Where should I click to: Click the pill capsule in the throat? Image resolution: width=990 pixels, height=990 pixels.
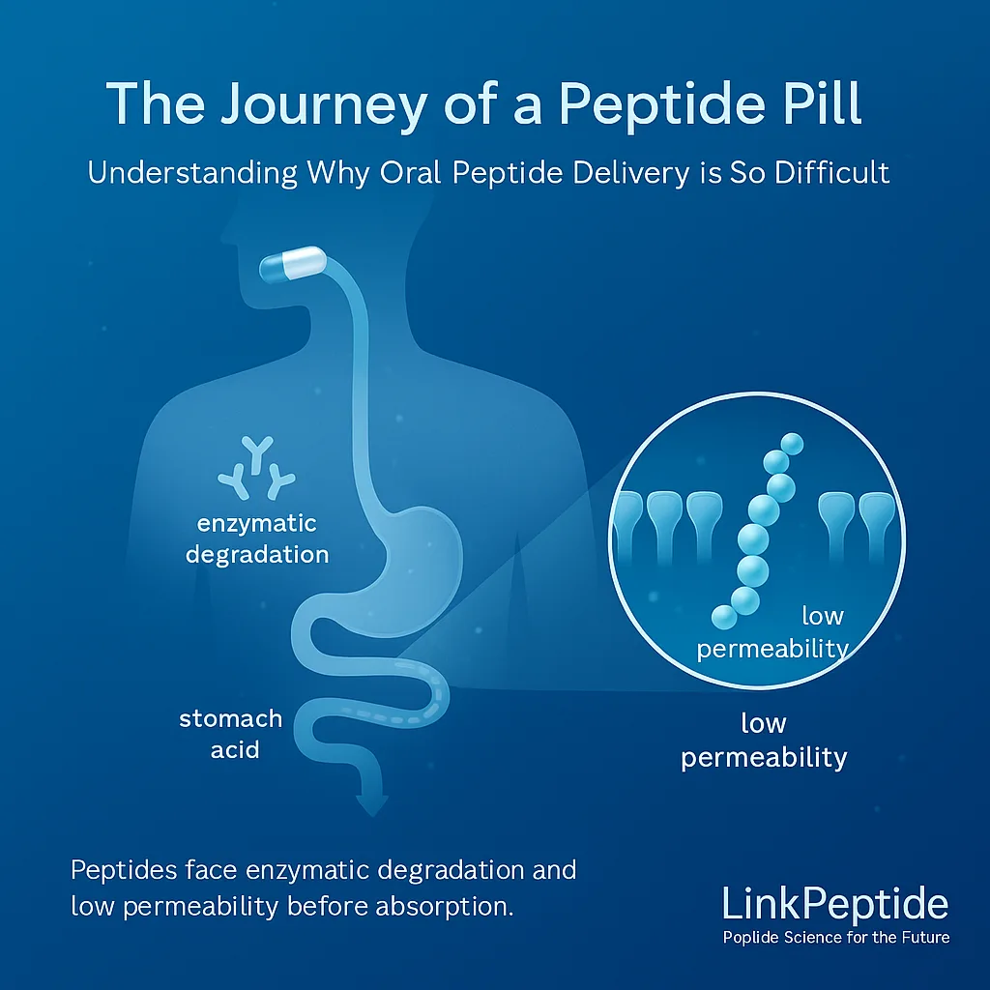(292, 263)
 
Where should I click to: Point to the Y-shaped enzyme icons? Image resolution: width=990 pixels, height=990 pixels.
(256, 467)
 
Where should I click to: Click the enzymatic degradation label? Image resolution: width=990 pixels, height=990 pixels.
(257, 539)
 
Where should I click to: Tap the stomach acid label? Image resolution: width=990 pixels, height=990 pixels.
(231, 734)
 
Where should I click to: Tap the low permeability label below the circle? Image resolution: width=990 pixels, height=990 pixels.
(764, 740)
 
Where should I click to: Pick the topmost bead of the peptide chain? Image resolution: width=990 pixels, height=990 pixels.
(792, 444)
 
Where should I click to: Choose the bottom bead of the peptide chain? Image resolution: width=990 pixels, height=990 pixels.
(724, 617)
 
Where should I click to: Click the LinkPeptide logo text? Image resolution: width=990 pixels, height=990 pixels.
(834, 904)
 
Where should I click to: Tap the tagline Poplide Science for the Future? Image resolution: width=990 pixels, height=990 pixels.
(836, 937)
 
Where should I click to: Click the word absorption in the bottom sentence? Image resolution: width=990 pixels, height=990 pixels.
(444, 907)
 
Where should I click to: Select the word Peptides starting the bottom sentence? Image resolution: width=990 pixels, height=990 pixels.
(124, 870)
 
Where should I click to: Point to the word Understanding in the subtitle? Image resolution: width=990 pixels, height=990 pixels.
(192, 172)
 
